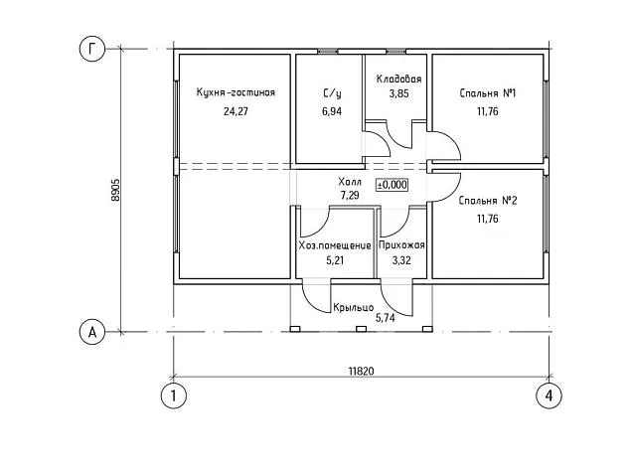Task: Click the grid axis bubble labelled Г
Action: (92, 49)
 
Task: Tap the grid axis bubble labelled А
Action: (92, 332)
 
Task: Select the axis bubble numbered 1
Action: (174, 395)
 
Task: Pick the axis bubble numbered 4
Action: (549, 395)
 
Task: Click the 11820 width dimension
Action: (361, 371)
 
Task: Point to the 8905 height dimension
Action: (115, 190)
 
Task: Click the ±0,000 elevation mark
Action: (392, 185)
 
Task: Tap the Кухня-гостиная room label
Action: (236, 92)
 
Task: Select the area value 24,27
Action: (236, 111)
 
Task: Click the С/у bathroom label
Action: (332, 93)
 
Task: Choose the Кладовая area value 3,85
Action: (399, 93)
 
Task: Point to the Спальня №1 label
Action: (487, 93)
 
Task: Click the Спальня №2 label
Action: (488, 200)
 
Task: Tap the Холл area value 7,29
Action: (350, 196)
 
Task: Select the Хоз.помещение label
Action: (335, 245)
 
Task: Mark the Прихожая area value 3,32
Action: (401, 260)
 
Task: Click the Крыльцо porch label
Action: (353, 308)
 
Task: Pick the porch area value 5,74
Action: (385, 318)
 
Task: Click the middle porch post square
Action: (361, 329)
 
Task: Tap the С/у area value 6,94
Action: (332, 111)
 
